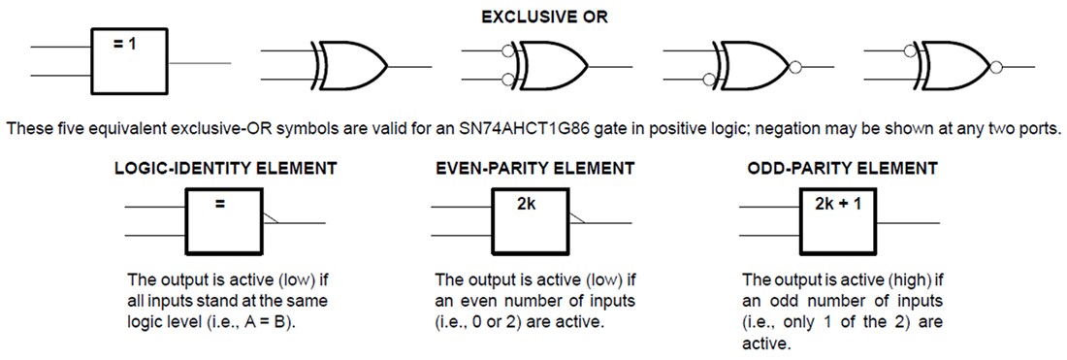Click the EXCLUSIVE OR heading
coord(533,16)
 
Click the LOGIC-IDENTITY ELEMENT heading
coord(225,168)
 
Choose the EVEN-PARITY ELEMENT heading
coord(535,168)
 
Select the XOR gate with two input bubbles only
coord(548,66)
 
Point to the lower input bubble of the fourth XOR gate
coord(710,79)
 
